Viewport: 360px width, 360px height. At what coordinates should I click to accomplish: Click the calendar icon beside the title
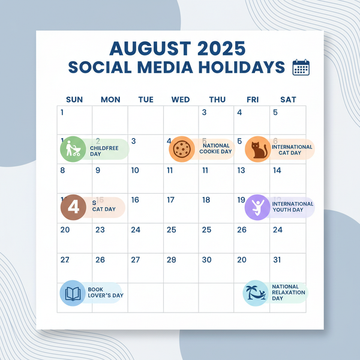pos(301,67)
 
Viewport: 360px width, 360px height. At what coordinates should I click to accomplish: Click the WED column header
pos(180,100)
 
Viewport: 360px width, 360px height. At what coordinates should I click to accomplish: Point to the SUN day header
pos(74,100)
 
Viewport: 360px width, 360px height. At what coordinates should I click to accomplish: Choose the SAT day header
pos(288,100)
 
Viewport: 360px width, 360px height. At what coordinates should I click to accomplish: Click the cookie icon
pos(181,149)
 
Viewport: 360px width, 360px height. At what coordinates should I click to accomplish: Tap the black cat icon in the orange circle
pos(257,149)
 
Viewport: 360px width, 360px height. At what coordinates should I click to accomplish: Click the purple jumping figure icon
pos(257,208)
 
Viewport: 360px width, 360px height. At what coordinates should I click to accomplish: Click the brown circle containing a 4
pos(74,208)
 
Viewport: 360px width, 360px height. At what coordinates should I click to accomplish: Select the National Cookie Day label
pos(217,149)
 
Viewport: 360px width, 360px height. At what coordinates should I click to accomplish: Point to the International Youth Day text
pos(293,207)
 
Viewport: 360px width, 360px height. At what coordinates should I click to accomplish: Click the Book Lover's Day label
pos(105,293)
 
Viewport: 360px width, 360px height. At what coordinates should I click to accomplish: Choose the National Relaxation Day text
pos(288,293)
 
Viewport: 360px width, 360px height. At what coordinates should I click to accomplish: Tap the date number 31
pos(277,260)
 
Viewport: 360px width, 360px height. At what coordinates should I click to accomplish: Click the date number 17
pos(170,200)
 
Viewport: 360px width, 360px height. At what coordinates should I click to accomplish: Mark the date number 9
pos(98,170)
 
